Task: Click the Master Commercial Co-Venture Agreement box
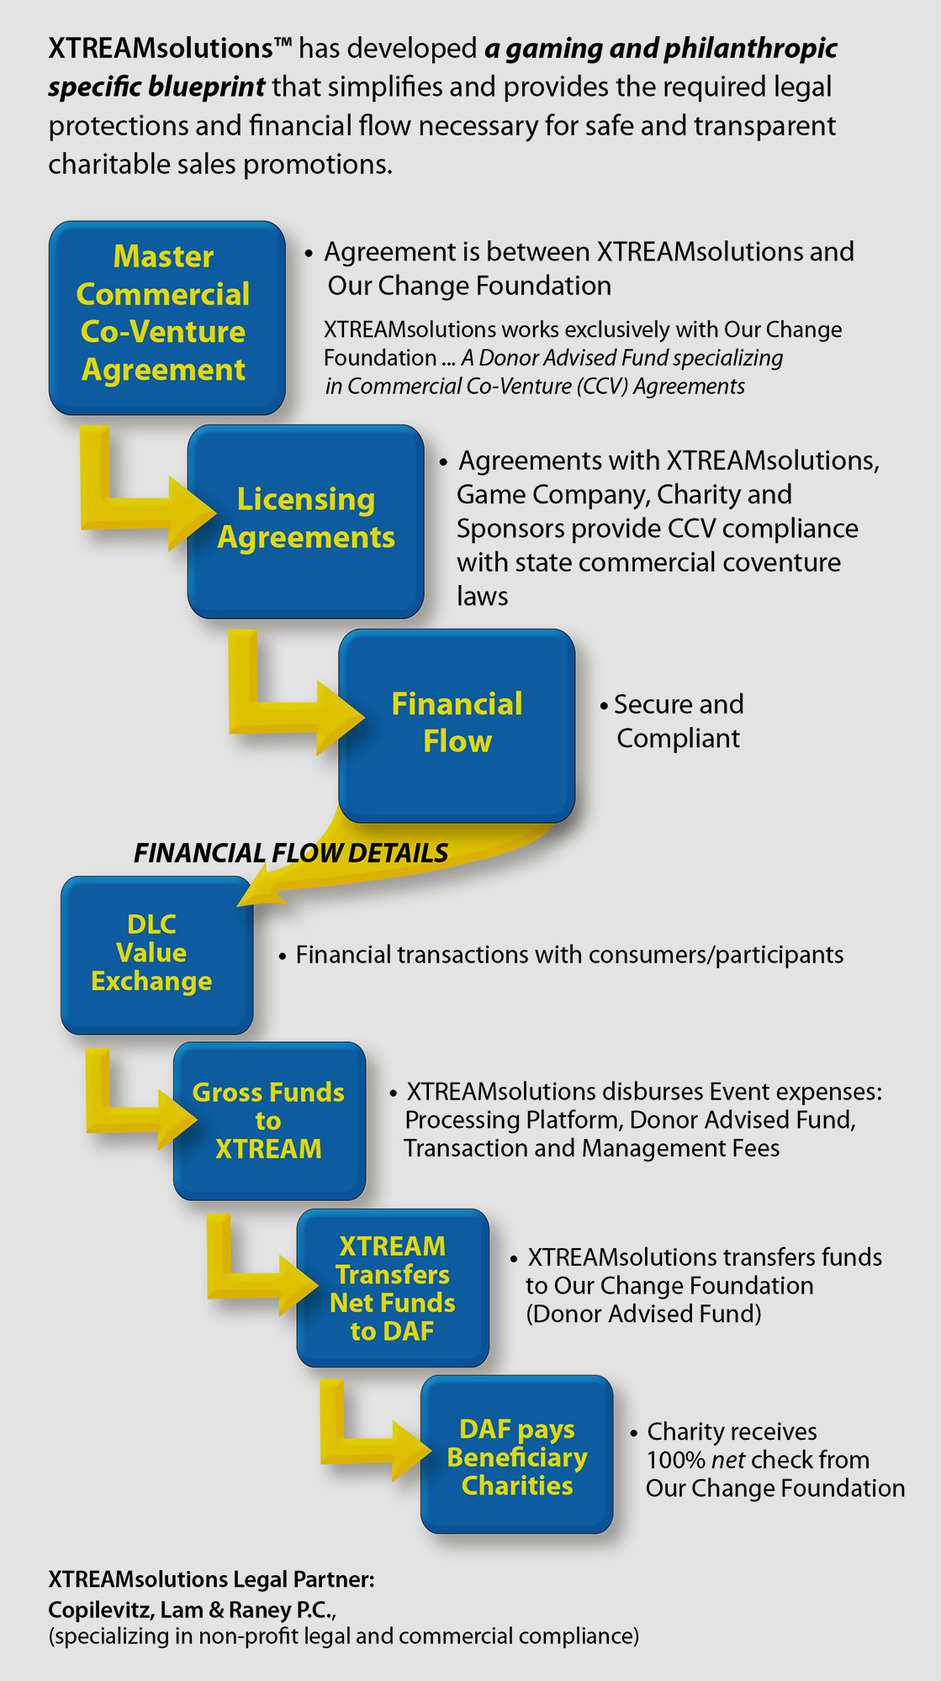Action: click(x=167, y=317)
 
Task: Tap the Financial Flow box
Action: click(x=457, y=725)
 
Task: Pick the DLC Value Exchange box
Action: click(x=156, y=954)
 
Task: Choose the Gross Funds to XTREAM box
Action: click(x=269, y=1120)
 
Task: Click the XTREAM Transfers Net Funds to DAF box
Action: click(x=392, y=1288)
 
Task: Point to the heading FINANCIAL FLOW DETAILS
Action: click(x=291, y=853)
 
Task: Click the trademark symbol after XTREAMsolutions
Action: click(x=283, y=42)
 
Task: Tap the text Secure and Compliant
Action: click(x=677, y=721)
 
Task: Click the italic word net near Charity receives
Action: click(x=727, y=1460)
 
